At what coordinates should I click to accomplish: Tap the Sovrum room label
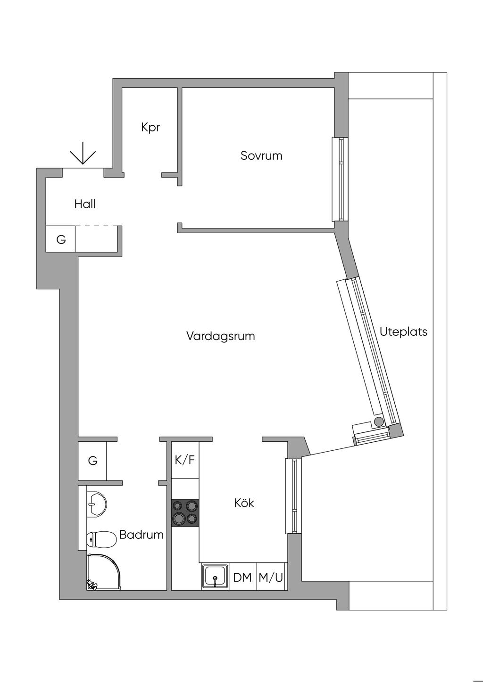tap(261, 155)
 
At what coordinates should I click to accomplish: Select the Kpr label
tap(150, 127)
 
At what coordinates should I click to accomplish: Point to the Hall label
tap(85, 204)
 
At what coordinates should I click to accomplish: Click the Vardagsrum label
tap(220, 336)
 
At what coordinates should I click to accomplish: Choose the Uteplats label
tap(403, 332)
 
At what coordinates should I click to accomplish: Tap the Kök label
tap(244, 503)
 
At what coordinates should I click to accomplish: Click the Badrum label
tap(141, 535)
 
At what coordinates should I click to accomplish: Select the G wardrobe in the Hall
tap(61, 239)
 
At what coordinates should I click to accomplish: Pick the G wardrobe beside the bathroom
tap(92, 461)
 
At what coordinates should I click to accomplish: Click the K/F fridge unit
tap(185, 460)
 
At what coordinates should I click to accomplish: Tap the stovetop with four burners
tap(185, 513)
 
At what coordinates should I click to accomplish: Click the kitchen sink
tap(215, 576)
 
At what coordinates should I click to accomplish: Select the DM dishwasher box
tap(242, 576)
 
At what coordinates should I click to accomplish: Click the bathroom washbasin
tap(96, 504)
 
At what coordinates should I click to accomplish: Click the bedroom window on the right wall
tap(340, 179)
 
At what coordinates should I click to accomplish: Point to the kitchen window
tap(293, 496)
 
